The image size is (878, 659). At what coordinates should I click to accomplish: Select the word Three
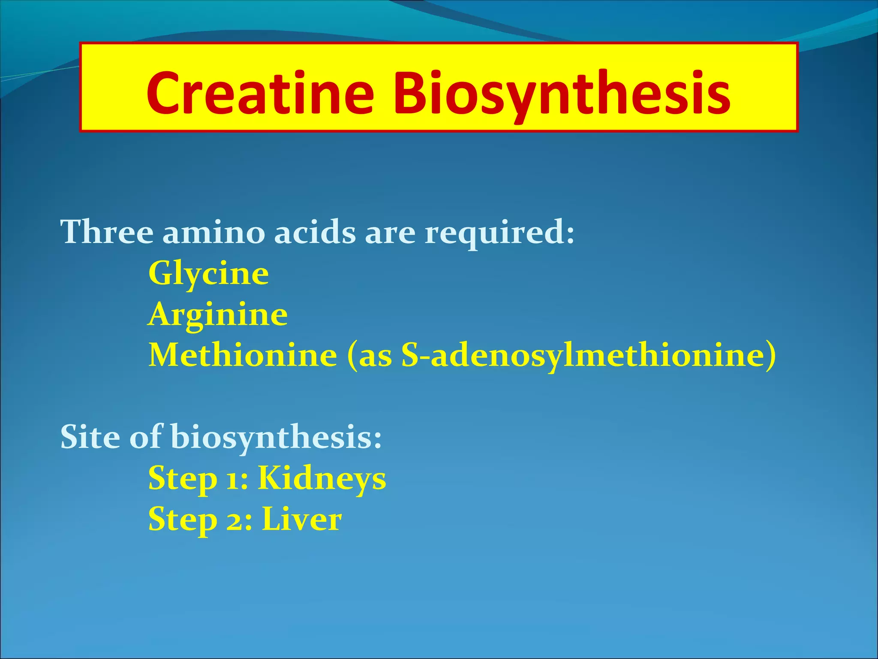coord(107,232)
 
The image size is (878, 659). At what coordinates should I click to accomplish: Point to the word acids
coord(315,232)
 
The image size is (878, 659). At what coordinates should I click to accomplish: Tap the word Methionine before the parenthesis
coord(243,355)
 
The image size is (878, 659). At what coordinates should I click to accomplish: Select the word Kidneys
coord(322,478)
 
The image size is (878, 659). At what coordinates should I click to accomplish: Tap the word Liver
coord(302,519)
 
